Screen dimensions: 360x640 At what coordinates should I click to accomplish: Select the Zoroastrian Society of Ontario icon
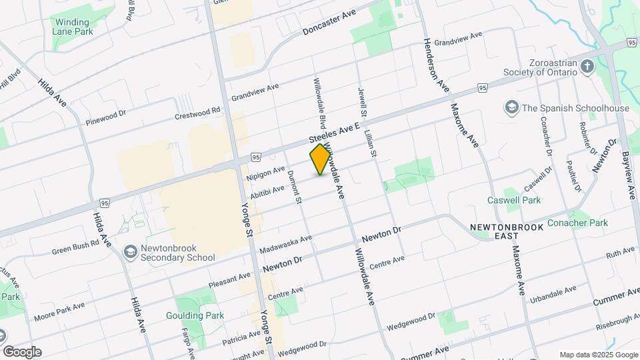tap(587, 66)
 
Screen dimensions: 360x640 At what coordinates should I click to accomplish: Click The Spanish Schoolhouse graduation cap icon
tap(511, 107)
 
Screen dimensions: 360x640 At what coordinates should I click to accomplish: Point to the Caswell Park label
tap(523, 199)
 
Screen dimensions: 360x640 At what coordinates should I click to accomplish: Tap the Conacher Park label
tap(577, 223)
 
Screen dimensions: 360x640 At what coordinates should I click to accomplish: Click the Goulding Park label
tap(195, 315)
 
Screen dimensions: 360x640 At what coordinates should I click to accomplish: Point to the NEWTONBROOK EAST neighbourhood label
tap(507, 231)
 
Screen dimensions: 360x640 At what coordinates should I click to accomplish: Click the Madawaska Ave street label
tap(286, 244)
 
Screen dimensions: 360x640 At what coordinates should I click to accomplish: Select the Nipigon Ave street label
tap(265, 174)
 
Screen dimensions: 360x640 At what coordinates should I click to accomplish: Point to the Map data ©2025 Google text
tap(598, 355)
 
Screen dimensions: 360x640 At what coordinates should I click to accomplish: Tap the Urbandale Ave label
tap(553, 294)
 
